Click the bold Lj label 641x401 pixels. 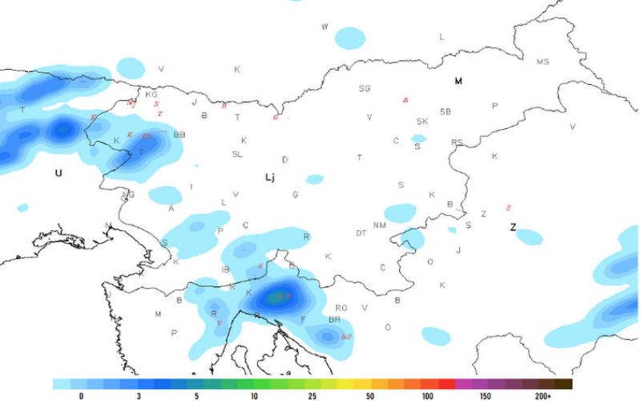point(270,177)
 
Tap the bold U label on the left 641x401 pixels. point(58,172)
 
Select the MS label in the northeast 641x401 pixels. point(543,62)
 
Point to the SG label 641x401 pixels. point(365,89)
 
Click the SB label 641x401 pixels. point(445,111)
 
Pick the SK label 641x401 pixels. point(422,122)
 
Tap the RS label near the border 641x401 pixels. point(457,143)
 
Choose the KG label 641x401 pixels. point(151,95)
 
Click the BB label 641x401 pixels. point(179,135)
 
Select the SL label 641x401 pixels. point(237,154)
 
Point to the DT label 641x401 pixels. point(361,233)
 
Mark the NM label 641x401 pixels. point(380,225)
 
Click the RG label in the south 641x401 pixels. point(341,308)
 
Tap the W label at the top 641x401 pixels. point(325,27)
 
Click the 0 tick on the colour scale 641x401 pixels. point(82,396)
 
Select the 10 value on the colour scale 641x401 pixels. point(254,396)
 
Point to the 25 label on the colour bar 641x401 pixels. point(312,396)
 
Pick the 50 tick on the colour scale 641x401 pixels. point(369,396)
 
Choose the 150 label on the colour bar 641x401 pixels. point(485,396)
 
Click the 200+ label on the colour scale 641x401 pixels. point(542,396)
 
